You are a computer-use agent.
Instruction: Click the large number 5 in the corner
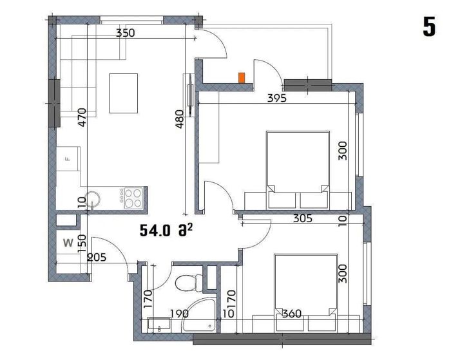tap(429, 26)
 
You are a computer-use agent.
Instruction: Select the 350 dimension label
tap(125, 33)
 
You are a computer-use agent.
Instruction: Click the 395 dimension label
tap(277, 99)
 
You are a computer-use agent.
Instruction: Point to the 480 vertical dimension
tap(180, 119)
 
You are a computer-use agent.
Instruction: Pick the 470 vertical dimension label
tap(82, 117)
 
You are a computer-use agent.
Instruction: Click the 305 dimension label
tap(303, 218)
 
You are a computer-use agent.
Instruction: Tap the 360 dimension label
tap(292, 314)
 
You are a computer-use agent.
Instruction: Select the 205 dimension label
tap(97, 257)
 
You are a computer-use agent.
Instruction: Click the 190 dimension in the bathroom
tap(179, 314)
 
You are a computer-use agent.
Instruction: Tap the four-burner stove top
tap(133, 198)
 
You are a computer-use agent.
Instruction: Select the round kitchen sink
tap(93, 199)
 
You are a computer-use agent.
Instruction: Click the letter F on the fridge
tap(68, 158)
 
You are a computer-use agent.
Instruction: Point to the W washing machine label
tap(68, 243)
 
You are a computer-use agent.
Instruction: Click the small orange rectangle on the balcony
tap(242, 78)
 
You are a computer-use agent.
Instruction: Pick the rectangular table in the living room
tap(124, 93)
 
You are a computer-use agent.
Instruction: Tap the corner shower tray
tap(198, 316)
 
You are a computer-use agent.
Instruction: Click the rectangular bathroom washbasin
tap(159, 325)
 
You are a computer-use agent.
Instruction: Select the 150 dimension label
tap(82, 243)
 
